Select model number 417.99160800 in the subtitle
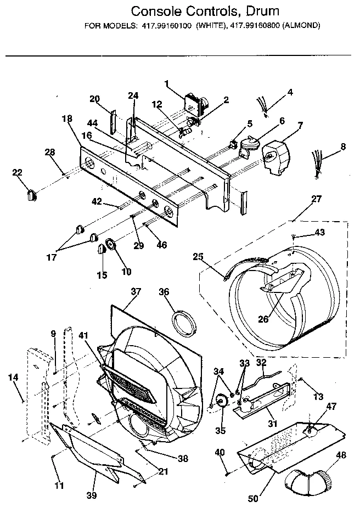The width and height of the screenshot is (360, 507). coord(255,25)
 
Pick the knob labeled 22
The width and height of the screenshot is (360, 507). coord(31,193)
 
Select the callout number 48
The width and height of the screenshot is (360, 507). coord(341,455)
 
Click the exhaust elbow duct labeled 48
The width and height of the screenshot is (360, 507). coord(311,478)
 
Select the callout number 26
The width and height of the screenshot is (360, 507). coord(264,319)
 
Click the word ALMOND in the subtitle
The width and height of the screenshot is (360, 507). coord(300,25)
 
